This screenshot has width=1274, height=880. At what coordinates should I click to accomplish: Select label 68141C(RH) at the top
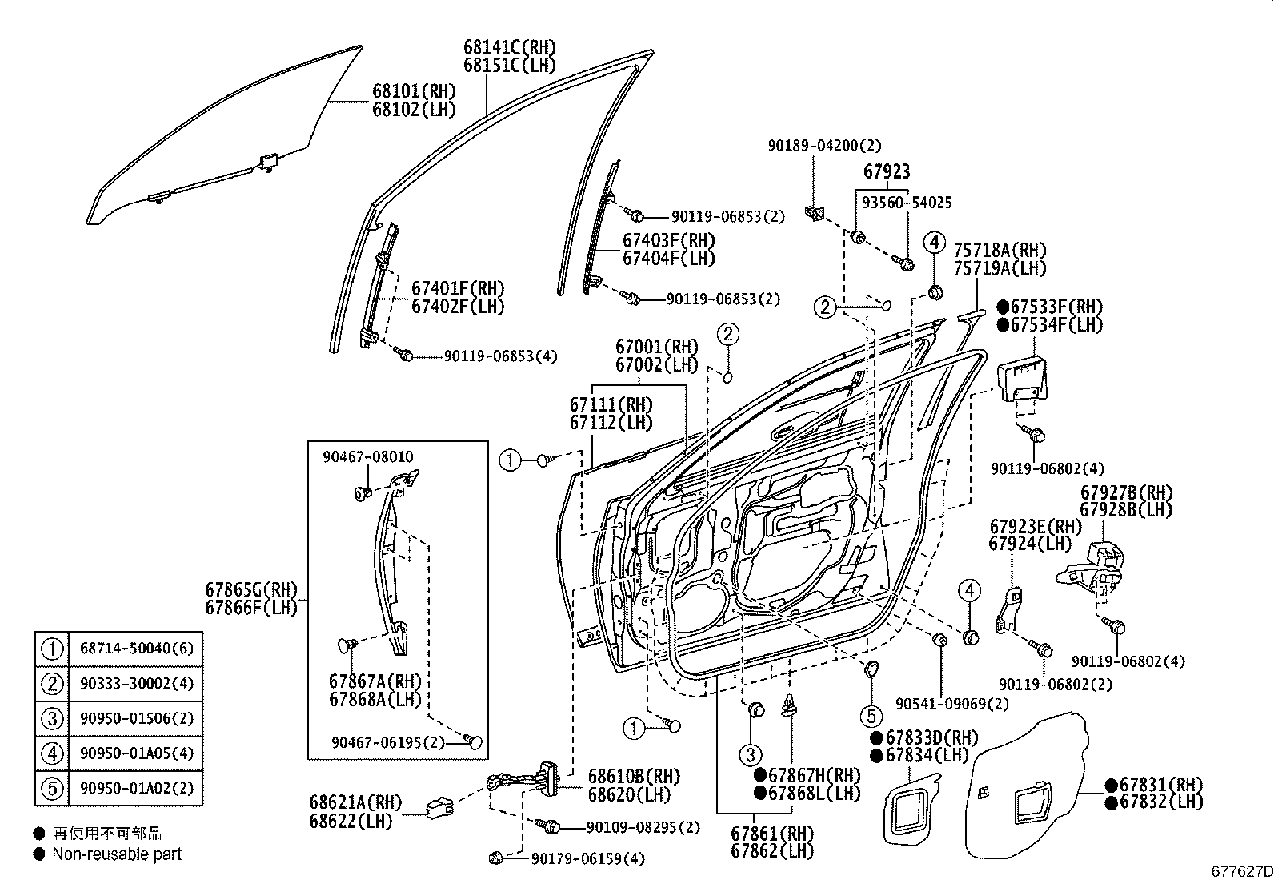[509, 47]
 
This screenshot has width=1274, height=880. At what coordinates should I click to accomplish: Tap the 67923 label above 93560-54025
[887, 172]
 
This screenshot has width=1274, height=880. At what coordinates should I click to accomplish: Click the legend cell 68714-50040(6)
[136, 649]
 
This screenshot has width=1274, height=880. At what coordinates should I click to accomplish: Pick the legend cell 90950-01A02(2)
[136, 788]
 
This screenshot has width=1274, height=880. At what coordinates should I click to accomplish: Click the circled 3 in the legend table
[52, 718]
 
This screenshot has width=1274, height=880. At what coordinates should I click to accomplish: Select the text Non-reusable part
[117, 854]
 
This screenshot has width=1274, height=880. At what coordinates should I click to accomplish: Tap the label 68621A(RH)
[355, 802]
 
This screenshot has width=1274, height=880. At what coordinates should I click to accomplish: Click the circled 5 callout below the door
[871, 716]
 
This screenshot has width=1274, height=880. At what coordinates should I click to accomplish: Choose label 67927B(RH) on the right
[1126, 493]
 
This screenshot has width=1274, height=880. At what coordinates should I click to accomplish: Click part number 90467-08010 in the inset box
[368, 457]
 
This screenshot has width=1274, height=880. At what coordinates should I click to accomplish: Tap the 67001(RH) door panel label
[656, 348]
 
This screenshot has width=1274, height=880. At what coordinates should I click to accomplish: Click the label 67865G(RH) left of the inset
[251, 590]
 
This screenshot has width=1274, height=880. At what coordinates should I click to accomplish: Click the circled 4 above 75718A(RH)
[934, 241]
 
